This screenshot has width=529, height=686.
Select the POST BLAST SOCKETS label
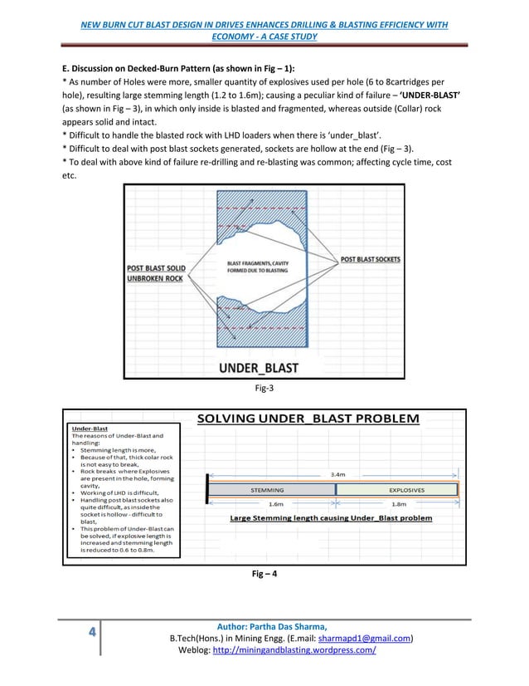371,260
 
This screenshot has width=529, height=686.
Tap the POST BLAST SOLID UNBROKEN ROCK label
155,274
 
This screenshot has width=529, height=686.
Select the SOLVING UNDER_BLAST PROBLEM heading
308,418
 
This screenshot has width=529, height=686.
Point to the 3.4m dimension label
337,474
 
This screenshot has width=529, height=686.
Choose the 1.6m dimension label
278,503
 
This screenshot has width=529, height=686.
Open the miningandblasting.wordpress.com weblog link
294,650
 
